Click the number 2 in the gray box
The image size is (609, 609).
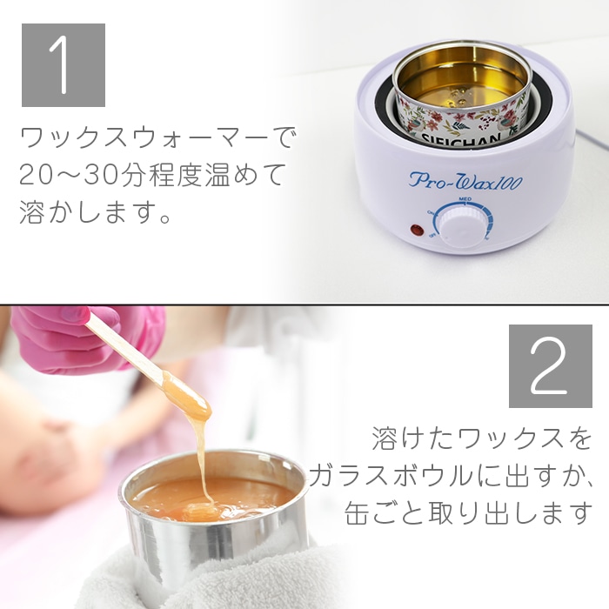point(550,365)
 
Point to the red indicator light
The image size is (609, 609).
point(416,232)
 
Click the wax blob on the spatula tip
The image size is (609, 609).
point(186,398)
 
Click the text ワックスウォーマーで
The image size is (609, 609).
point(157,137)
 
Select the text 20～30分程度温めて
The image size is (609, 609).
point(152,175)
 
